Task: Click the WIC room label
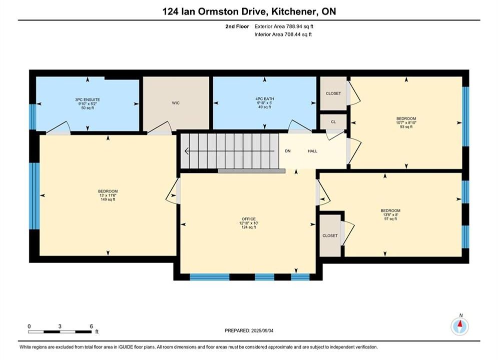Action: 176,103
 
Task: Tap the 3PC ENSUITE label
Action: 88,99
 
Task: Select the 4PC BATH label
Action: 265,98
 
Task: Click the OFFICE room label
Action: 249,219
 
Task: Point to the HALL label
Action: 312,151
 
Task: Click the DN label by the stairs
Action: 288,151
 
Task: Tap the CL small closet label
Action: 333,122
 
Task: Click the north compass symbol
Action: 460,325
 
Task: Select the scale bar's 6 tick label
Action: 92,326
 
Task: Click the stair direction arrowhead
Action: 186,151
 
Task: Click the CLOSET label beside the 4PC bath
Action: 333,93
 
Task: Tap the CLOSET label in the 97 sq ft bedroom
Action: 330,235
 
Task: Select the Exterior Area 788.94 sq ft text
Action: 284,26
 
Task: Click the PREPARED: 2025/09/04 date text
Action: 249,330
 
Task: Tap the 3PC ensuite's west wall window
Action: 33,116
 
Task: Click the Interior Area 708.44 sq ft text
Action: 283,34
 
